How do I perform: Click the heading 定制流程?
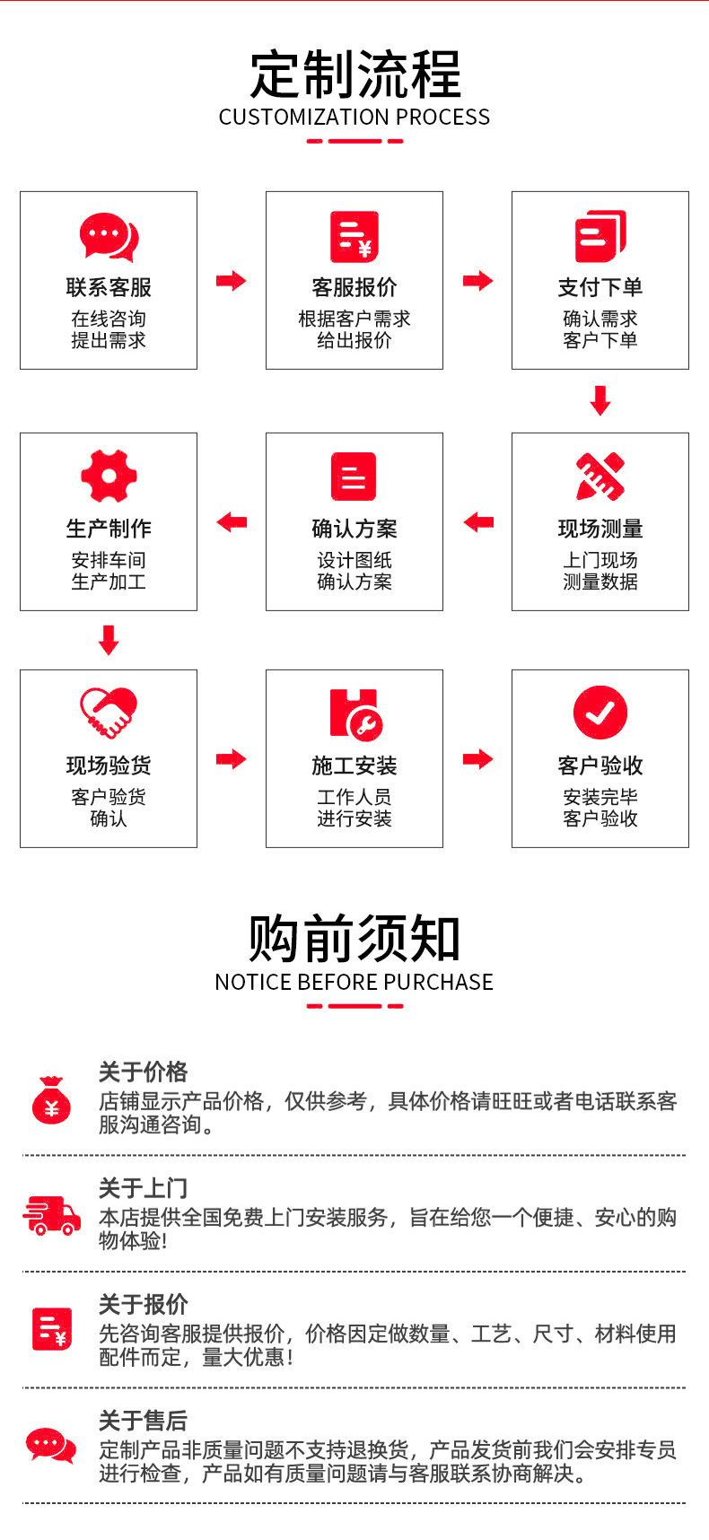coord(354,74)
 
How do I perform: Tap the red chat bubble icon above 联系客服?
coord(109,237)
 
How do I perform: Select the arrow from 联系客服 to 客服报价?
coord(231,281)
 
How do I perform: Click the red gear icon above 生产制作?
coord(109,476)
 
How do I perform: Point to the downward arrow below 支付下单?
coord(600,400)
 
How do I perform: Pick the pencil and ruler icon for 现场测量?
coord(600,476)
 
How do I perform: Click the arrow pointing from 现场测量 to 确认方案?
coord(478,522)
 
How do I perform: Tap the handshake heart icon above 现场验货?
coord(109,713)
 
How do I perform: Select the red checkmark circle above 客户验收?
coord(600,713)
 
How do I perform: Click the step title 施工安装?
coord(354,766)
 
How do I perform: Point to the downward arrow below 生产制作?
coord(109,640)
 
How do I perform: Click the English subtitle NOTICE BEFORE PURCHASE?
coord(354,982)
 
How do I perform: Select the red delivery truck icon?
coord(51,1216)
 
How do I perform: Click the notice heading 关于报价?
coord(144,1304)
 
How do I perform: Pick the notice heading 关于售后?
coord(144,1421)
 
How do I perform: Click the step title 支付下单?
coord(600,287)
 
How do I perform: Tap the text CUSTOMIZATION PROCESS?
coord(354,118)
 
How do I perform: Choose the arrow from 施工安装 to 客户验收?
coord(478,759)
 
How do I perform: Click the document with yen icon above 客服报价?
coord(354,237)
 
